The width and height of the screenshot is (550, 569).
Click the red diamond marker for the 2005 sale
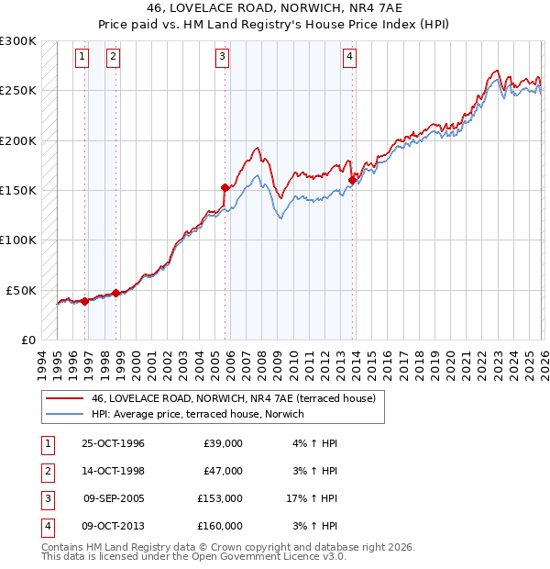[225, 187]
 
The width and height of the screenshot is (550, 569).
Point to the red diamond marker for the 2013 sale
[352, 181]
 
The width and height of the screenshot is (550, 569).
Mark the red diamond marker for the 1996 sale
[85, 301]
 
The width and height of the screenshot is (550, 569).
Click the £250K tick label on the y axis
[18, 91]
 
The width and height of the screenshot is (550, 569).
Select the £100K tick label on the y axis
[18, 240]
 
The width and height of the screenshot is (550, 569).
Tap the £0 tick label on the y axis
[27, 340]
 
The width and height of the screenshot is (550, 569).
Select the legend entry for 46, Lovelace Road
[234, 398]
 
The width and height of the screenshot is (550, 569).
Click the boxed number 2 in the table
[47, 471]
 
